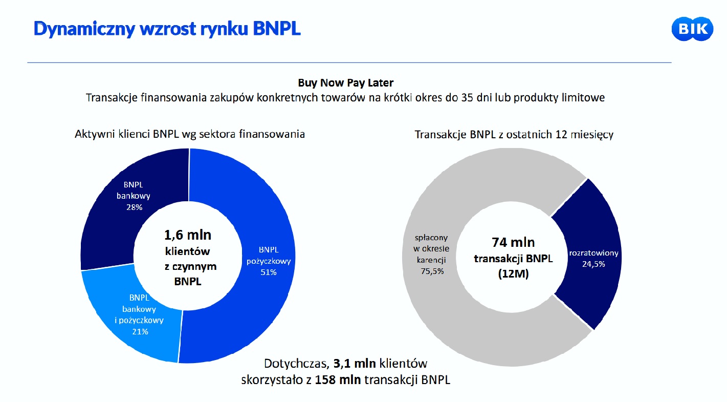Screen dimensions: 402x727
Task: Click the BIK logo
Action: pos(692,29)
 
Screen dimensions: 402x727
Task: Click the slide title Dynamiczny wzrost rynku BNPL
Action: pos(167,29)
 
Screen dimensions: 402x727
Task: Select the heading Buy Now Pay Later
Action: pos(345,82)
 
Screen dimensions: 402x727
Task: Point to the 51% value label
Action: pos(268,272)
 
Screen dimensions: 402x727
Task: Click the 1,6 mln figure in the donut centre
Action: pos(187,235)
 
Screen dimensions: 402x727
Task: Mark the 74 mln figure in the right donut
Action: pos(513,242)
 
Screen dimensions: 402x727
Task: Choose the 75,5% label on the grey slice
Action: pos(431,271)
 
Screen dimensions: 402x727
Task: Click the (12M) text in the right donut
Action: pos(513,274)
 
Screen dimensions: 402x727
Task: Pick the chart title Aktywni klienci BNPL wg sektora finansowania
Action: pos(190,135)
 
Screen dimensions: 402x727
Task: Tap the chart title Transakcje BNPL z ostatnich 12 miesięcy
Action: pos(514,135)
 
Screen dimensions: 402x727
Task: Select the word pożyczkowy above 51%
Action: pos(269,261)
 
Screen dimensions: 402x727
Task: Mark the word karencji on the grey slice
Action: pos(431,260)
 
